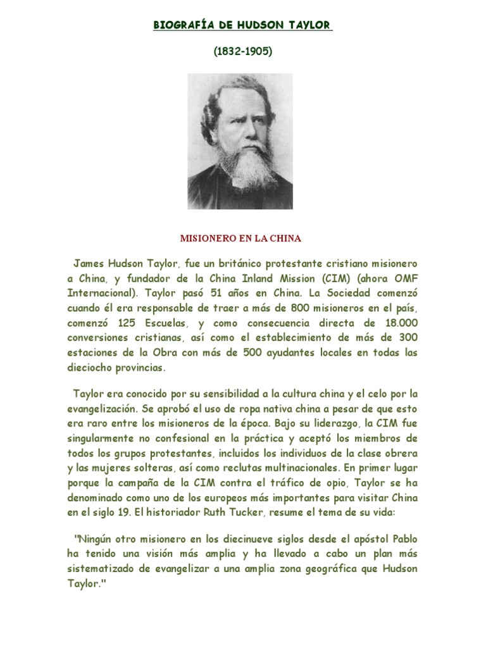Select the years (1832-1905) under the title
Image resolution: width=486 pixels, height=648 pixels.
[243, 53]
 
